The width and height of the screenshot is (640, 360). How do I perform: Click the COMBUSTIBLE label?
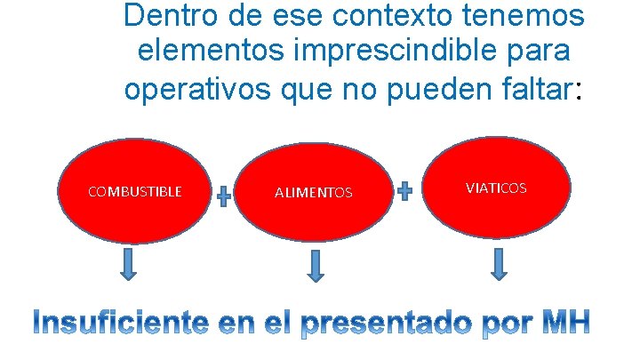(135, 191)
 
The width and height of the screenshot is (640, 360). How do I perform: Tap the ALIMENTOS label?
(313, 192)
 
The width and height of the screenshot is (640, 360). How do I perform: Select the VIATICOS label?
(496, 188)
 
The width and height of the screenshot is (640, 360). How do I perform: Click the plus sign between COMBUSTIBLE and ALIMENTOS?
(224, 196)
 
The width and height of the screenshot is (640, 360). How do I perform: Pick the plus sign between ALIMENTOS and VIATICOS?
(404, 190)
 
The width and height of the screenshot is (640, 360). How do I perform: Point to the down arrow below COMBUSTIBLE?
(128, 264)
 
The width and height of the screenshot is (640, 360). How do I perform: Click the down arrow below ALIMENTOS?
(315, 266)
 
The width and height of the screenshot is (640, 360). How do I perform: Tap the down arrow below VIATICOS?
(498, 264)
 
